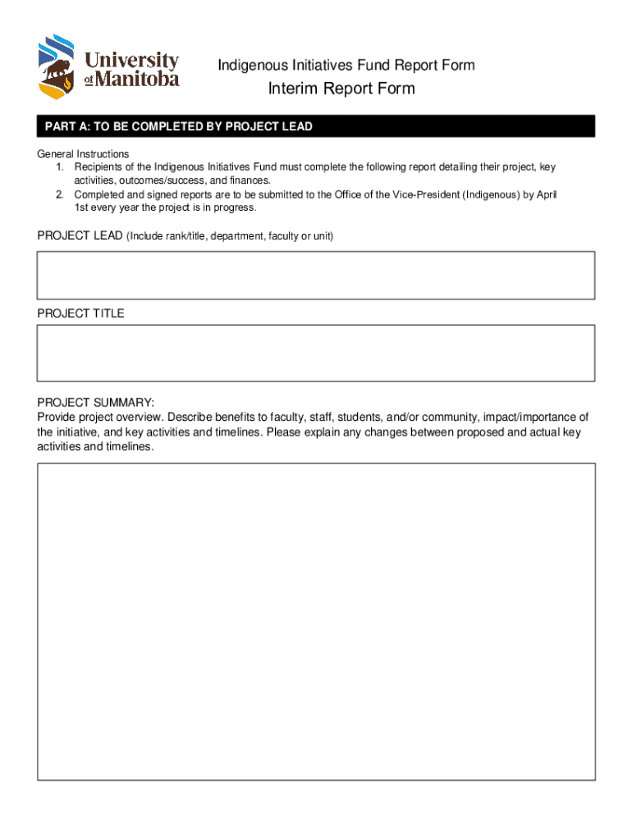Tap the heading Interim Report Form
(x=341, y=89)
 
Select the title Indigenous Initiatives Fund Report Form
(x=346, y=65)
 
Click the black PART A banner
(x=316, y=126)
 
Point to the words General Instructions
(x=83, y=154)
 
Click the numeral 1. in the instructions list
(x=60, y=167)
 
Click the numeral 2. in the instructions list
(x=60, y=194)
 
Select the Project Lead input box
(x=316, y=276)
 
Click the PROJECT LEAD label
(x=80, y=236)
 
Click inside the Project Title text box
(x=316, y=353)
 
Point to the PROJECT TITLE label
(x=80, y=313)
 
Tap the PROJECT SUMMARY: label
(x=95, y=402)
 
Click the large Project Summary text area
(x=316, y=621)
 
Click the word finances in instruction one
(x=246, y=180)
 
